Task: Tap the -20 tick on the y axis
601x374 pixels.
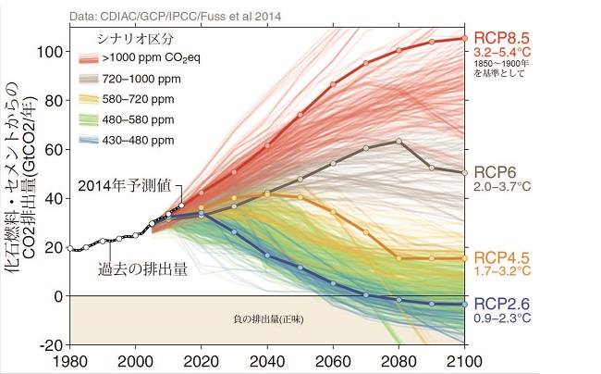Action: click(x=54, y=344)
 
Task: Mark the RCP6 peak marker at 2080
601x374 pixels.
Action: click(x=399, y=141)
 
